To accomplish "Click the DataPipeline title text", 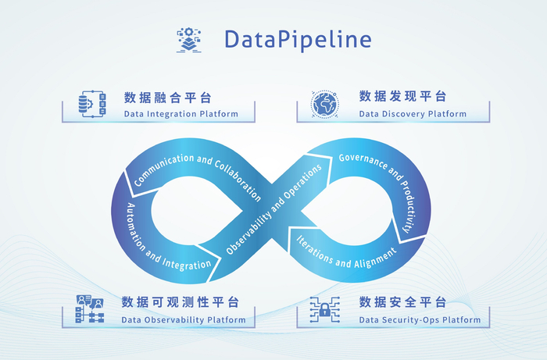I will tap(298, 39).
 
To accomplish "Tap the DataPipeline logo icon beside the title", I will tap(190, 40).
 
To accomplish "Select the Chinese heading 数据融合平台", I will tap(167, 98).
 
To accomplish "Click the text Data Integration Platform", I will tap(181, 114).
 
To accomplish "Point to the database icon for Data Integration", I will tap(91, 104).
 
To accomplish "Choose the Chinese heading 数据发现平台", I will tap(403, 97).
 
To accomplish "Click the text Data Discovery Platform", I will tap(413, 114).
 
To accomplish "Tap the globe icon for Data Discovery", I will tap(325, 104).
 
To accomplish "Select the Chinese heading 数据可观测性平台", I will tap(181, 302).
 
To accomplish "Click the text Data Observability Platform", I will tap(184, 319).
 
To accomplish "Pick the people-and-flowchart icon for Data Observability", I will tap(89, 309).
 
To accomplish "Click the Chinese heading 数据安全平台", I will tap(403, 302).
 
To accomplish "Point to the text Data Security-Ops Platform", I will tap(414, 319).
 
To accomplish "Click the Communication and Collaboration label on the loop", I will tap(197, 174).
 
